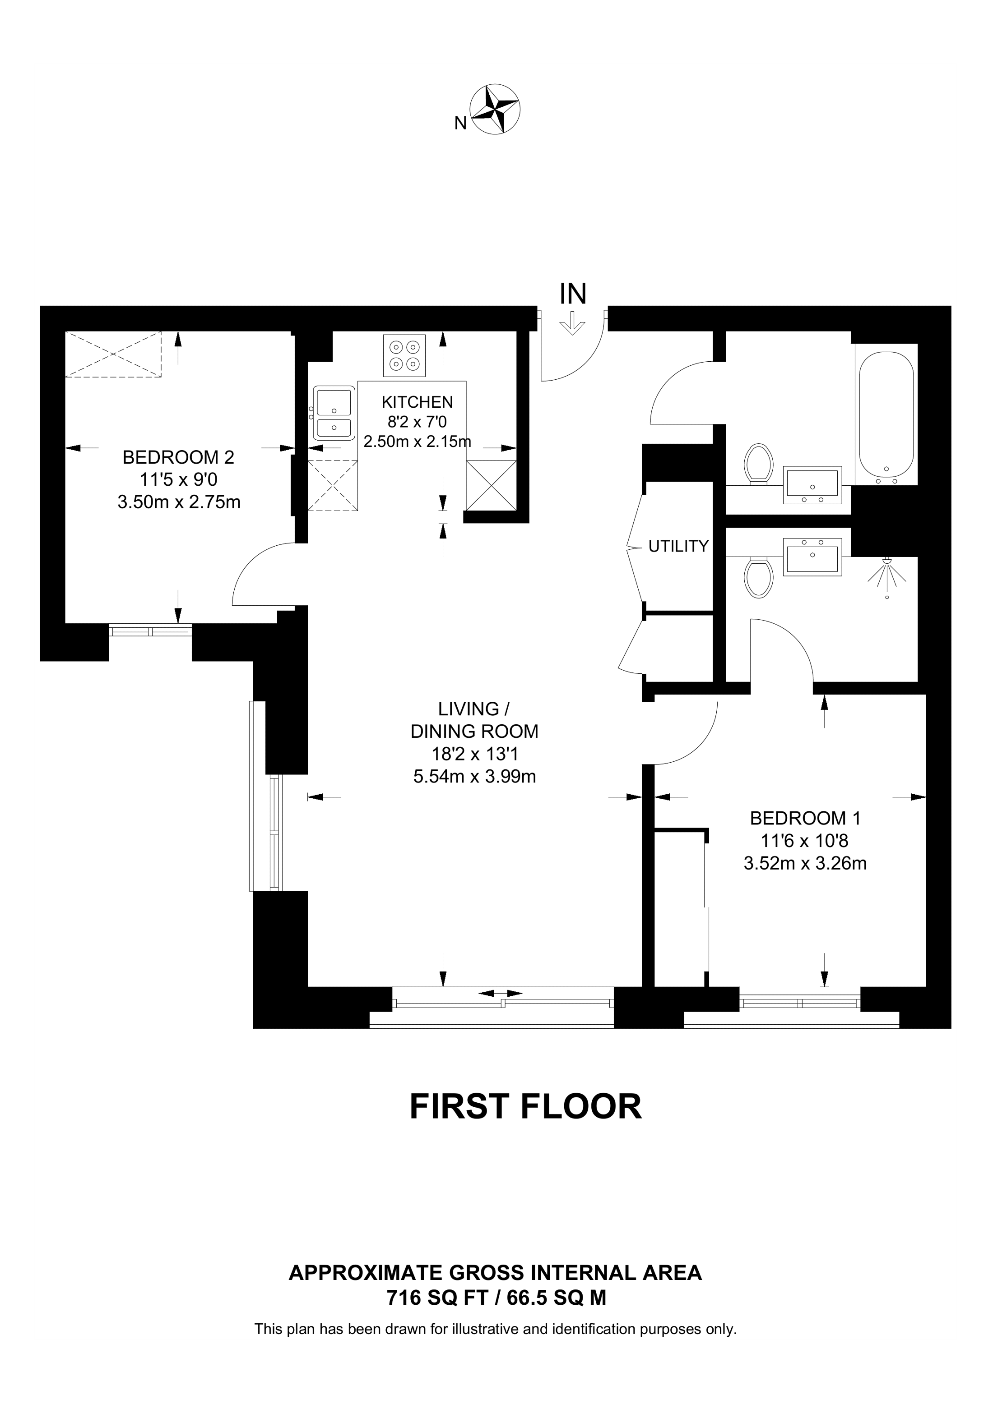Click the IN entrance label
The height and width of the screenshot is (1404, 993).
click(573, 294)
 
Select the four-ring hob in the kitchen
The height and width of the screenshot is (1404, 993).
click(404, 356)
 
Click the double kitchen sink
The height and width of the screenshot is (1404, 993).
click(334, 413)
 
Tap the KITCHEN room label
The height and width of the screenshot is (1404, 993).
click(417, 402)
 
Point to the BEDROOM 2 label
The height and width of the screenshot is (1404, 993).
click(178, 457)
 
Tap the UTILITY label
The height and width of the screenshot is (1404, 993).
click(678, 546)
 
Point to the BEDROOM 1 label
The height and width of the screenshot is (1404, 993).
click(805, 818)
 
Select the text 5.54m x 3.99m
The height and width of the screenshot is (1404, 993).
click(475, 777)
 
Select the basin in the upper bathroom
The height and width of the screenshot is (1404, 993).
click(812, 485)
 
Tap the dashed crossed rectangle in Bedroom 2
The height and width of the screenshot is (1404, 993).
click(114, 354)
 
